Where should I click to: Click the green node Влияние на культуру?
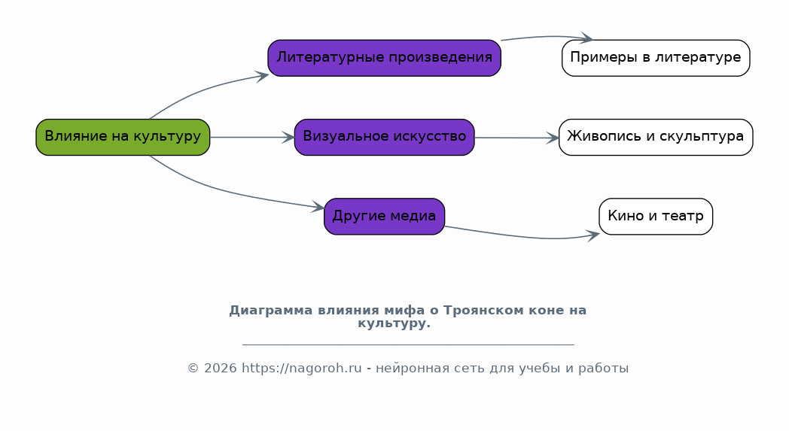click(x=123, y=138)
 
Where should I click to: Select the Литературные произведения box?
click(x=385, y=59)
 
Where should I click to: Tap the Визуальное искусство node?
click(x=385, y=138)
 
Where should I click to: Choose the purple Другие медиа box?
click(x=385, y=217)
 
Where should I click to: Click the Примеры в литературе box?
click(x=656, y=59)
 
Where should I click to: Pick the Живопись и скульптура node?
click(x=656, y=138)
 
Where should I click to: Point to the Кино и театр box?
click(x=656, y=217)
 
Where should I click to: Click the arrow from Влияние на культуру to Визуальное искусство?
click(x=252, y=138)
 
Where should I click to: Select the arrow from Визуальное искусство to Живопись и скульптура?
click(x=516, y=138)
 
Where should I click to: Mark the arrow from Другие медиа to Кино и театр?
click(x=523, y=236)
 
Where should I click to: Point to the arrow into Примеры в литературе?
click(x=549, y=36)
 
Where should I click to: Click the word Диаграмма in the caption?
click(x=271, y=311)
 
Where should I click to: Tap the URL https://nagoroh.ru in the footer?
click(x=301, y=368)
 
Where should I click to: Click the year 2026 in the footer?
click(x=221, y=368)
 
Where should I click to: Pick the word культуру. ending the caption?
click(x=394, y=323)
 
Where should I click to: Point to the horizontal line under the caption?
click(x=408, y=345)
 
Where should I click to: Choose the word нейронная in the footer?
click(x=404, y=368)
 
